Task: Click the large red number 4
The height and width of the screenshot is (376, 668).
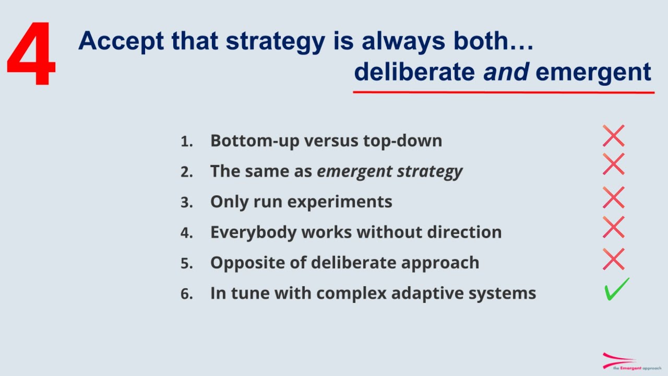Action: tap(31, 55)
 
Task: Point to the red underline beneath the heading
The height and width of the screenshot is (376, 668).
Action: tap(504, 92)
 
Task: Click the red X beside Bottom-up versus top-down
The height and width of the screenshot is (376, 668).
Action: tap(613, 136)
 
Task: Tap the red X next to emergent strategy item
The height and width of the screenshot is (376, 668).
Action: tap(613, 164)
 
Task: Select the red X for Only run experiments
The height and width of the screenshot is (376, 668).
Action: tap(613, 198)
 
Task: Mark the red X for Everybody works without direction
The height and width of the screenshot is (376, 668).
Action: tap(613, 228)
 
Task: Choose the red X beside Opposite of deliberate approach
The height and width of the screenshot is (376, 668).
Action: tap(613, 259)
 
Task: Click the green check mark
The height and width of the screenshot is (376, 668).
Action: tap(616, 289)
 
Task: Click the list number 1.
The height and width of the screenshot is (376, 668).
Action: tap(186, 142)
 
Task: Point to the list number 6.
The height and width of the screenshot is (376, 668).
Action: tap(186, 294)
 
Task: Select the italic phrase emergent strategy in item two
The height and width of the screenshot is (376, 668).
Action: tap(389, 171)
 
